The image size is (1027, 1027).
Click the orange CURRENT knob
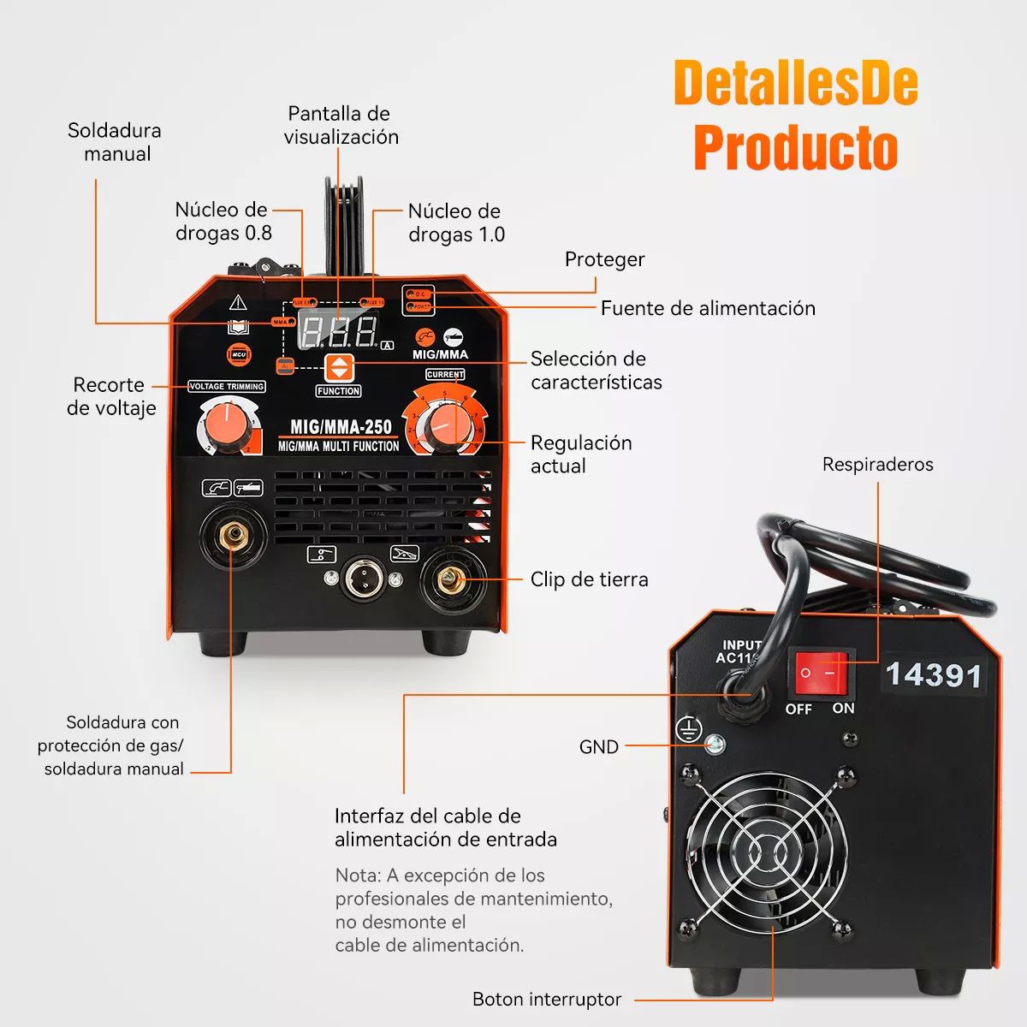pyautogui.click(x=444, y=423)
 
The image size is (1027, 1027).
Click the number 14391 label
pyautogui.click(x=933, y=675)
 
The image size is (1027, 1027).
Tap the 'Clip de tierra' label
pyautogui.click(x=589, y=579)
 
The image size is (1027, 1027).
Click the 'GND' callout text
pyautogui.click(x=598, y=747)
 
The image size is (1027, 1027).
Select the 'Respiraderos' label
pyautogui.click(x=877, y=465)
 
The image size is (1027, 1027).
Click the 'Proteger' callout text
pyautogui.click(x=604, y=259)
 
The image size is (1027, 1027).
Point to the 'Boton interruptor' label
pyautogui.click(x=546, y=999)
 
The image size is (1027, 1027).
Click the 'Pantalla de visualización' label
pyautogui.click(x=341, y=125)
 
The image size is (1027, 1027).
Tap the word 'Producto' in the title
pyautogui.click(x=795, y=147)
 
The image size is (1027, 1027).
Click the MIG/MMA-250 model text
pyautogui.click(x=341, y=426)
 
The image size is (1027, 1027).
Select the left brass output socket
pyautogui.click(x=234, y=537)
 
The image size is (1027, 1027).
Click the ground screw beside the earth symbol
pyautogui.click(x=714, y=745)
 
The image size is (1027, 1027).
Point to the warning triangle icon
pyautogui.click(x=238, y=303)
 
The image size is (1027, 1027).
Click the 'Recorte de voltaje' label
pyautogui.click(x=111, y=396)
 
